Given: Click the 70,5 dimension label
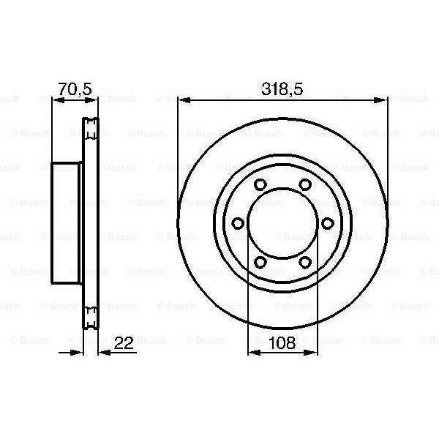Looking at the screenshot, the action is click(75, 89).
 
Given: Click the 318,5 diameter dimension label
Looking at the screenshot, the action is click(282, 89).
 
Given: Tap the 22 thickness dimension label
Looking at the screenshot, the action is click(124, 343).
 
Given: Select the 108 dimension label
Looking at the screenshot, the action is click(282, 343).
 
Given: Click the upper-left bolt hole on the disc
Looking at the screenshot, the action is click(260, 184).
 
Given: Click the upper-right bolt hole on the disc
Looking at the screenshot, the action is click(305, 184).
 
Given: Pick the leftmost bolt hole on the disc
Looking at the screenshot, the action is click(238, 223).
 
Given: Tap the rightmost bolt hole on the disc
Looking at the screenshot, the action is click(328, 223).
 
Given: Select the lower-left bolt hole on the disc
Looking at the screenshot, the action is click(260, 263).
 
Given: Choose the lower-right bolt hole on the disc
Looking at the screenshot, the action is click(305, 263).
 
